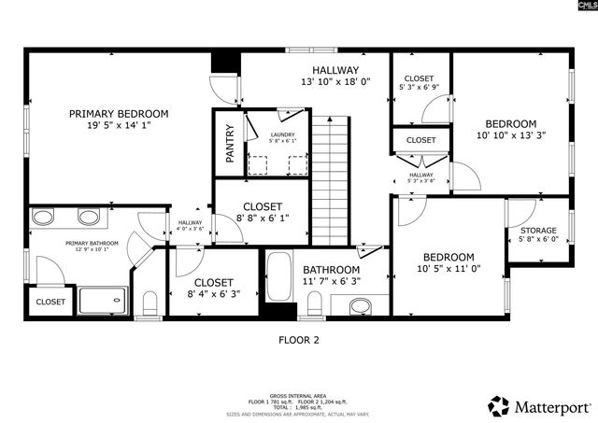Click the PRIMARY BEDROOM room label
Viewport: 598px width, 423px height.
[x=118, y=114]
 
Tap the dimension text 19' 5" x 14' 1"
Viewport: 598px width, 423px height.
[x=118, y=125]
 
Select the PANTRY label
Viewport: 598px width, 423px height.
[x=229, y=145]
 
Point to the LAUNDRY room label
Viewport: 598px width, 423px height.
[x=282, y=134]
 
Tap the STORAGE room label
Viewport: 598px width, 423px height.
[x=537, y=231]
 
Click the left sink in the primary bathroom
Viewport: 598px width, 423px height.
[x=44, y=218]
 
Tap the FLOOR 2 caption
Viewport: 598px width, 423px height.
[x=299, y=340]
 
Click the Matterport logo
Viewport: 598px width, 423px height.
[x=539, y=407]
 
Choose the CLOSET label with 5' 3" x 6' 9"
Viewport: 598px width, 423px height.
[x=419, y=78]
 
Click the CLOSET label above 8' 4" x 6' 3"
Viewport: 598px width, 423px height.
[x=213, y=282]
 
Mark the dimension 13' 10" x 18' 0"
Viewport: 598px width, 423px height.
[x=335, y=81]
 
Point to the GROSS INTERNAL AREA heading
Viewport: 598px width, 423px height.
[x=298, y=395]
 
